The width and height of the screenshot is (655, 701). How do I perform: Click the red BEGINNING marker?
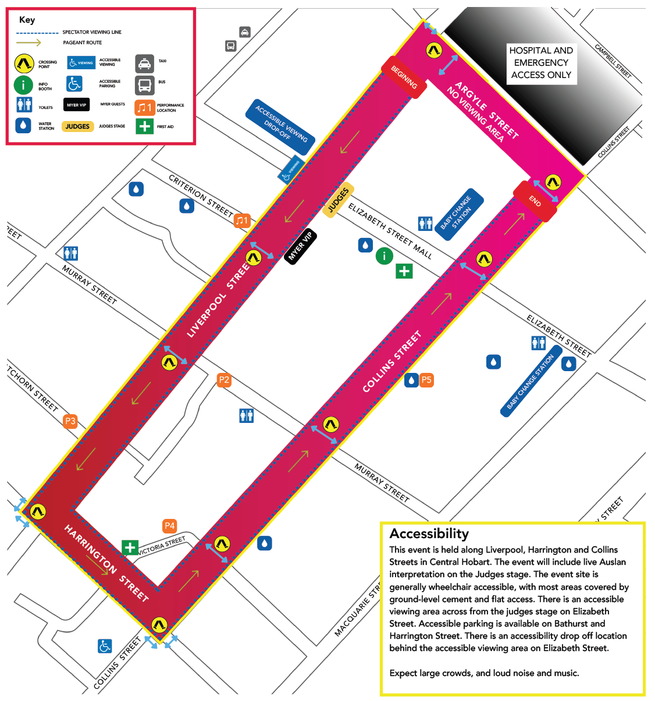tap(404, 77)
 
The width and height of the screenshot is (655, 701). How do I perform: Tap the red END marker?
tap(535, 201)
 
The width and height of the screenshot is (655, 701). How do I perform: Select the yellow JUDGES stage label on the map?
tap(339, 200)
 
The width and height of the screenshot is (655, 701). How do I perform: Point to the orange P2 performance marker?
tap(224, 380)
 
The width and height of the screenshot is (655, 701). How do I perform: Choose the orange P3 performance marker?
tap(70, 421)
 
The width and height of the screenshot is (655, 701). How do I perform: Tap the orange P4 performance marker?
tap(169, 526)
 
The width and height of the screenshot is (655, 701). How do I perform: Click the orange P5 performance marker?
tap(426, 380)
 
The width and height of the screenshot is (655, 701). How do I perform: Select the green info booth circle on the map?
tap(384, 255)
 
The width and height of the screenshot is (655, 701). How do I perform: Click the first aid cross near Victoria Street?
tap(130, 547)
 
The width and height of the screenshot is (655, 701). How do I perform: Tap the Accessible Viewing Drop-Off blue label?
tap(281, 126)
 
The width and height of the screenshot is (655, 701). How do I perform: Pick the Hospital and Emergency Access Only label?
tap(541, 63)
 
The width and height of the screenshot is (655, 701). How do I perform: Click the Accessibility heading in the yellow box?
tap(429, 533)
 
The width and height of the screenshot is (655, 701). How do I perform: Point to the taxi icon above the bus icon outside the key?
tap(245, 32)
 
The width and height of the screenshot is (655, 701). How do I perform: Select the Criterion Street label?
tap(201, 195)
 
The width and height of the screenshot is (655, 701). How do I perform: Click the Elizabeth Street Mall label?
tap(390, 231)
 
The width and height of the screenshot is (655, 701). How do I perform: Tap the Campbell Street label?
tap(613, 61)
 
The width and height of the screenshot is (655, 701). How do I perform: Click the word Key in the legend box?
tap(27, 20)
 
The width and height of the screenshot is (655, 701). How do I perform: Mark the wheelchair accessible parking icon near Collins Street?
tap(105, 646)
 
